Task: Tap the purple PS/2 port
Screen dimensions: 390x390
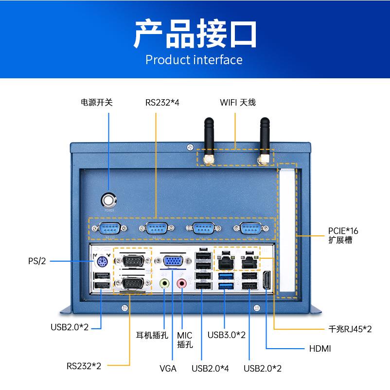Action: pyautogui.click(x=101, y=263)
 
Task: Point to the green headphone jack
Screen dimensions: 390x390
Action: pyautogui.click(x=165, y=284)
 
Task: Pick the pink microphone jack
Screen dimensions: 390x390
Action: pyautogui.click(x=182, y=284)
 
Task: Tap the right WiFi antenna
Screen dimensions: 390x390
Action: pyautogui.click(x=265, y=139)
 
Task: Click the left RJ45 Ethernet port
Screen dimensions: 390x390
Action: pyautogui.click(x=225, y=263)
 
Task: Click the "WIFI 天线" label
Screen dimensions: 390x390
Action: pyautogui.click(x=238, y=103)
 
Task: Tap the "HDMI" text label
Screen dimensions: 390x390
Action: pyautogui.click(x=319, y=349)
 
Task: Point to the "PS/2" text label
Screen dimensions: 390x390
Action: pyautogui.click(x=36, y=261)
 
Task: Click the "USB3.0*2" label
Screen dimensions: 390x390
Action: pyautogui.click(x=226, y=335)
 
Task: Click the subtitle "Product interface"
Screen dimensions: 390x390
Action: pyautogui.click(x=194, y=60)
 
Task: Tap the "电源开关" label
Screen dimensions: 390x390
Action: pyautogui.click(x=96, y=103)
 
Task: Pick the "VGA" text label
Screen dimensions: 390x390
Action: pyautogui.click(x=168, y=368)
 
